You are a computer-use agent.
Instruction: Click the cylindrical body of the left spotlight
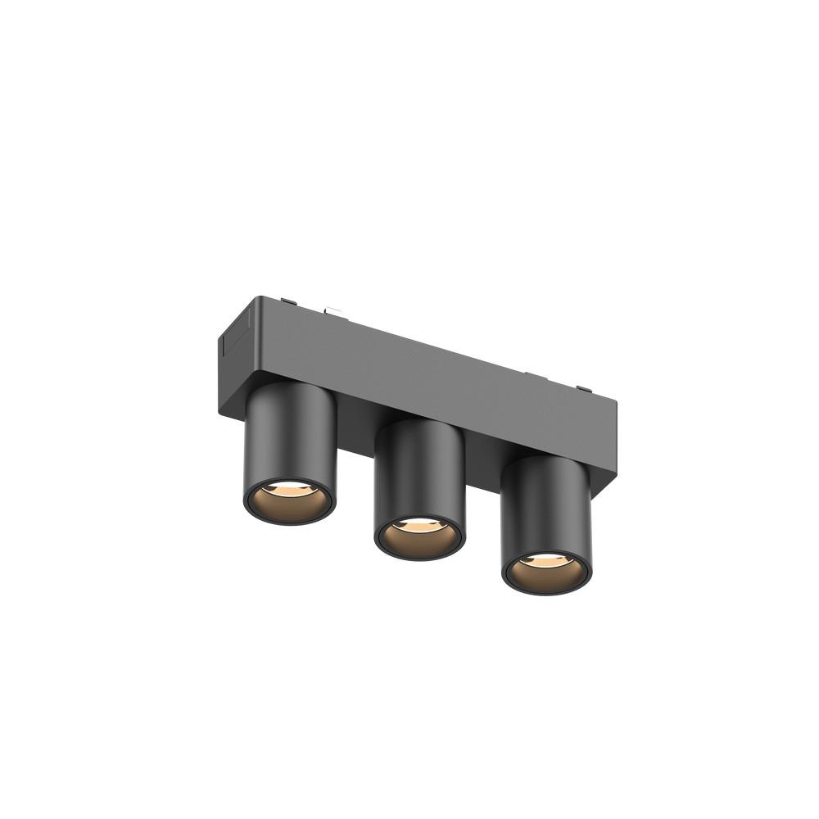(x=291, y=434)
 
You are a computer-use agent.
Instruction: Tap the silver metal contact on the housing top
(x=333, y=310)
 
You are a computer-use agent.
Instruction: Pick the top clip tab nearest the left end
(x=288, y=301)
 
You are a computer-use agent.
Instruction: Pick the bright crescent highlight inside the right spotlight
(x=547, y=561)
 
